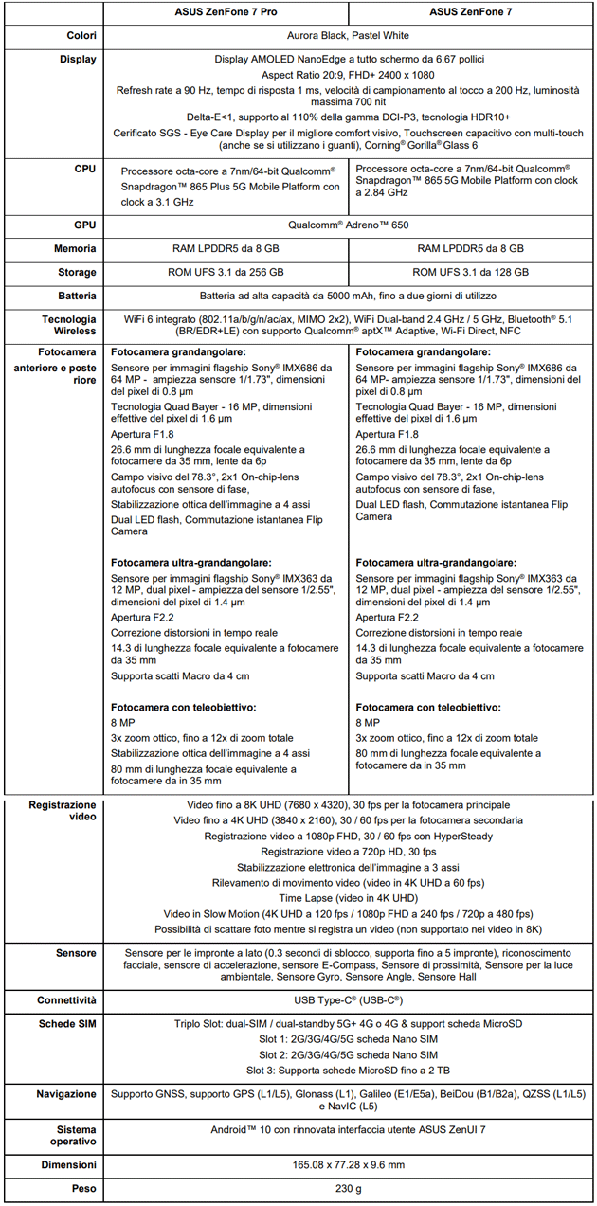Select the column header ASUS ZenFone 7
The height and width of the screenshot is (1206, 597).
coord(472,12)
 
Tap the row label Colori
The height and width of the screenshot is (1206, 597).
coord(80,36)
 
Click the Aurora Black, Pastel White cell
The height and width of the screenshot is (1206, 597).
coord(348,36)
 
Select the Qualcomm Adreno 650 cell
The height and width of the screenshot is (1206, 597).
coord(348,226)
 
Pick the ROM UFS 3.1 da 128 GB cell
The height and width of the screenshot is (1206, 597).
coord(472,272)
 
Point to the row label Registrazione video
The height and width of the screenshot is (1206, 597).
coord(63,811)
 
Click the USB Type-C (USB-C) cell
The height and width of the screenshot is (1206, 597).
coord(348,1000)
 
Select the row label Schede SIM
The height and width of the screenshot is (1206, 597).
coord(66,1024)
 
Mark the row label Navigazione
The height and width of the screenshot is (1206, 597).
coord(66,1094)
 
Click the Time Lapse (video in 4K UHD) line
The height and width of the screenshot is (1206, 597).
coord(348,897)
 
